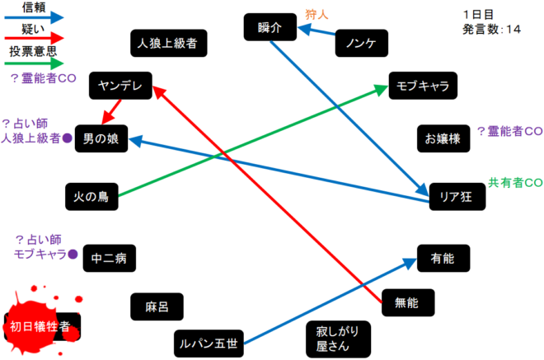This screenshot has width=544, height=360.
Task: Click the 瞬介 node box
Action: click(270, 28)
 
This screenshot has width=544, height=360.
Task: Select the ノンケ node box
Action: click(361, 43)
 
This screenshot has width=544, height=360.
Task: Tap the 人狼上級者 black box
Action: click(168, 42)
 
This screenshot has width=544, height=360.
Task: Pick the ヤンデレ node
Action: click(121, 85)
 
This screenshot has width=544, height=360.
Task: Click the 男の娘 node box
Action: click(101, 139)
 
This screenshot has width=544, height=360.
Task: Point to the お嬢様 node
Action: click(443, 138)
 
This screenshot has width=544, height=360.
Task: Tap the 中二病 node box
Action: click(108, 258)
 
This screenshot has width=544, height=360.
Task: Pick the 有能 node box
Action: click(443, 258)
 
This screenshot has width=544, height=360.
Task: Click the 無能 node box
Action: click(407, 302)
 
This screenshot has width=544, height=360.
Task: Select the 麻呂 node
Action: click(157, 306)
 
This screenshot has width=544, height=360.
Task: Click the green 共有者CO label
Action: click(515, 182)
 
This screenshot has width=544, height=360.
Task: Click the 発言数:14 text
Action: click(492, 30)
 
